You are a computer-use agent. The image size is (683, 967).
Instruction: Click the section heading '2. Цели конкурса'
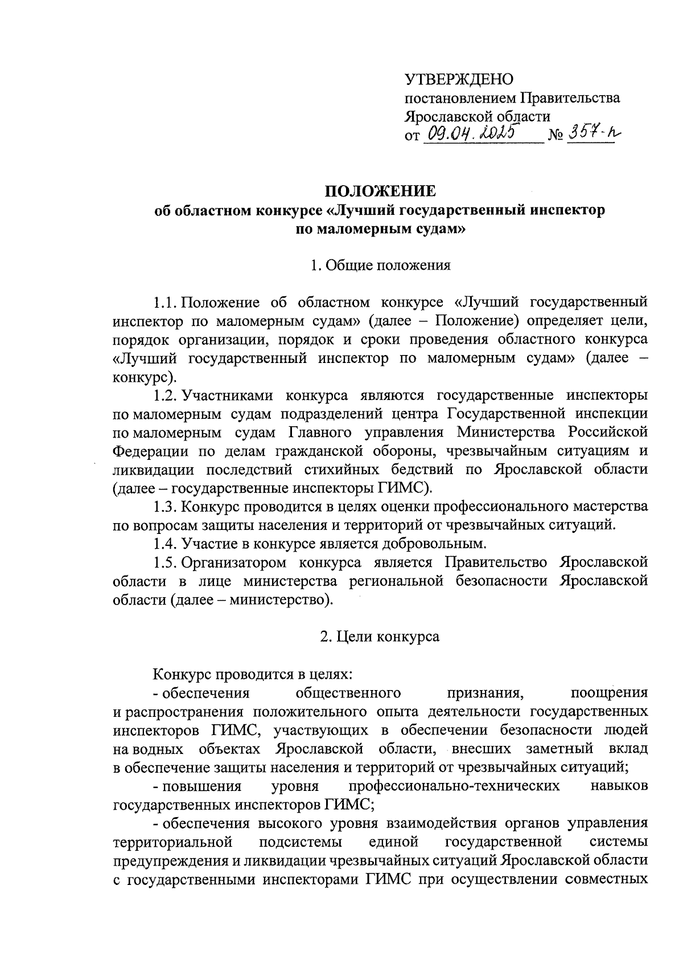tap(380, 636)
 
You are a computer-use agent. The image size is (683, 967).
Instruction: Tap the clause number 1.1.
tap(166, 302)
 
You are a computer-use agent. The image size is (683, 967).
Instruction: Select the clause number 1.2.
tap(166, 395)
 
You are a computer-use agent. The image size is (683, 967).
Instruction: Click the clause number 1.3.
tap(166, 506)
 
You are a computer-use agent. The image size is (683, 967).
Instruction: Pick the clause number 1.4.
tap(166, 543)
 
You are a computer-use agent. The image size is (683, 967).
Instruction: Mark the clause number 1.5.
tap(166, 562)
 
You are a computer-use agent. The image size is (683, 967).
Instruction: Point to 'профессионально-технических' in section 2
tap(454, 786)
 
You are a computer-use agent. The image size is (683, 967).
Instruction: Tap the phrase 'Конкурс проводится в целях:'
tap(253, 675)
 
